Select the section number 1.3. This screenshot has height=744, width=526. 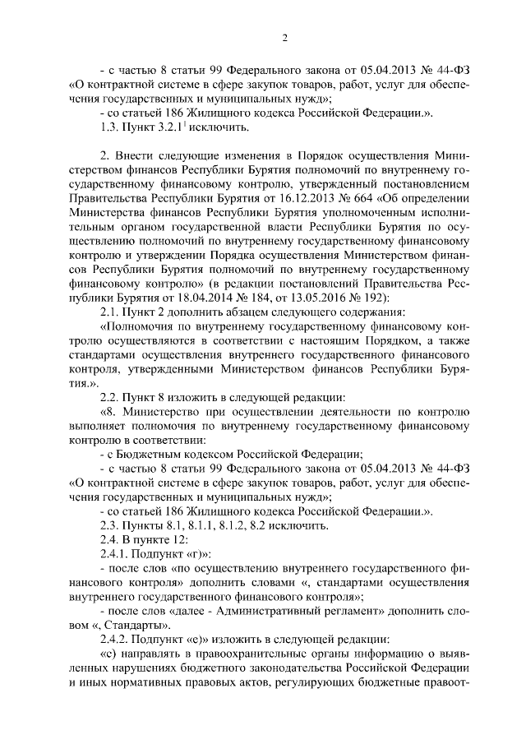click(x=110, y=127)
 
